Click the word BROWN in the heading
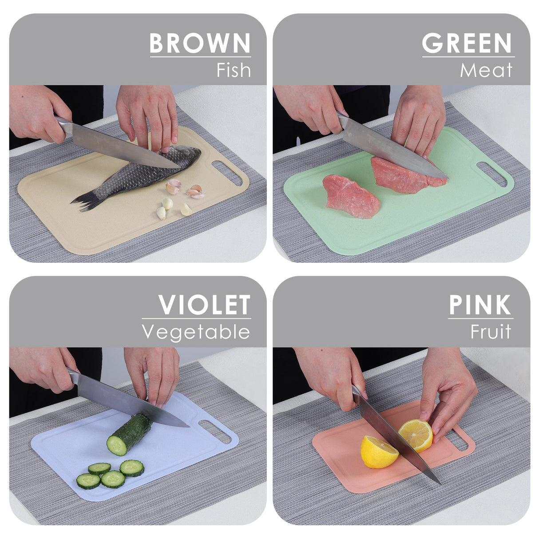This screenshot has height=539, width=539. tap(200, 43)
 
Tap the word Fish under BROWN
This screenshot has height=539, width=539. tap(234, 70)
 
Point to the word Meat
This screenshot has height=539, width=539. tap(486, 70)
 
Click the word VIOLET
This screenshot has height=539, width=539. tap(204, 305)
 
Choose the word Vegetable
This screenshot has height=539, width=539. tap(196, 332)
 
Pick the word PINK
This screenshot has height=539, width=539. tap(480, 305)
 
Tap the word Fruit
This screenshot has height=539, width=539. tap(491, 332)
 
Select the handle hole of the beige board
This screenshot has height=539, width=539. tap(227, 173)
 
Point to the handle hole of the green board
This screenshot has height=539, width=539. tap(491, 174)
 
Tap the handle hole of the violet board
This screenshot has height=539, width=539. tap(215, 432)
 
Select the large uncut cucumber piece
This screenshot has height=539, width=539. tap(129, 435)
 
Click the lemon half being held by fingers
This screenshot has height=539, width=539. tap(416, 435)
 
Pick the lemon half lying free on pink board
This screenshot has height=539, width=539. tap(378, 452)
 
